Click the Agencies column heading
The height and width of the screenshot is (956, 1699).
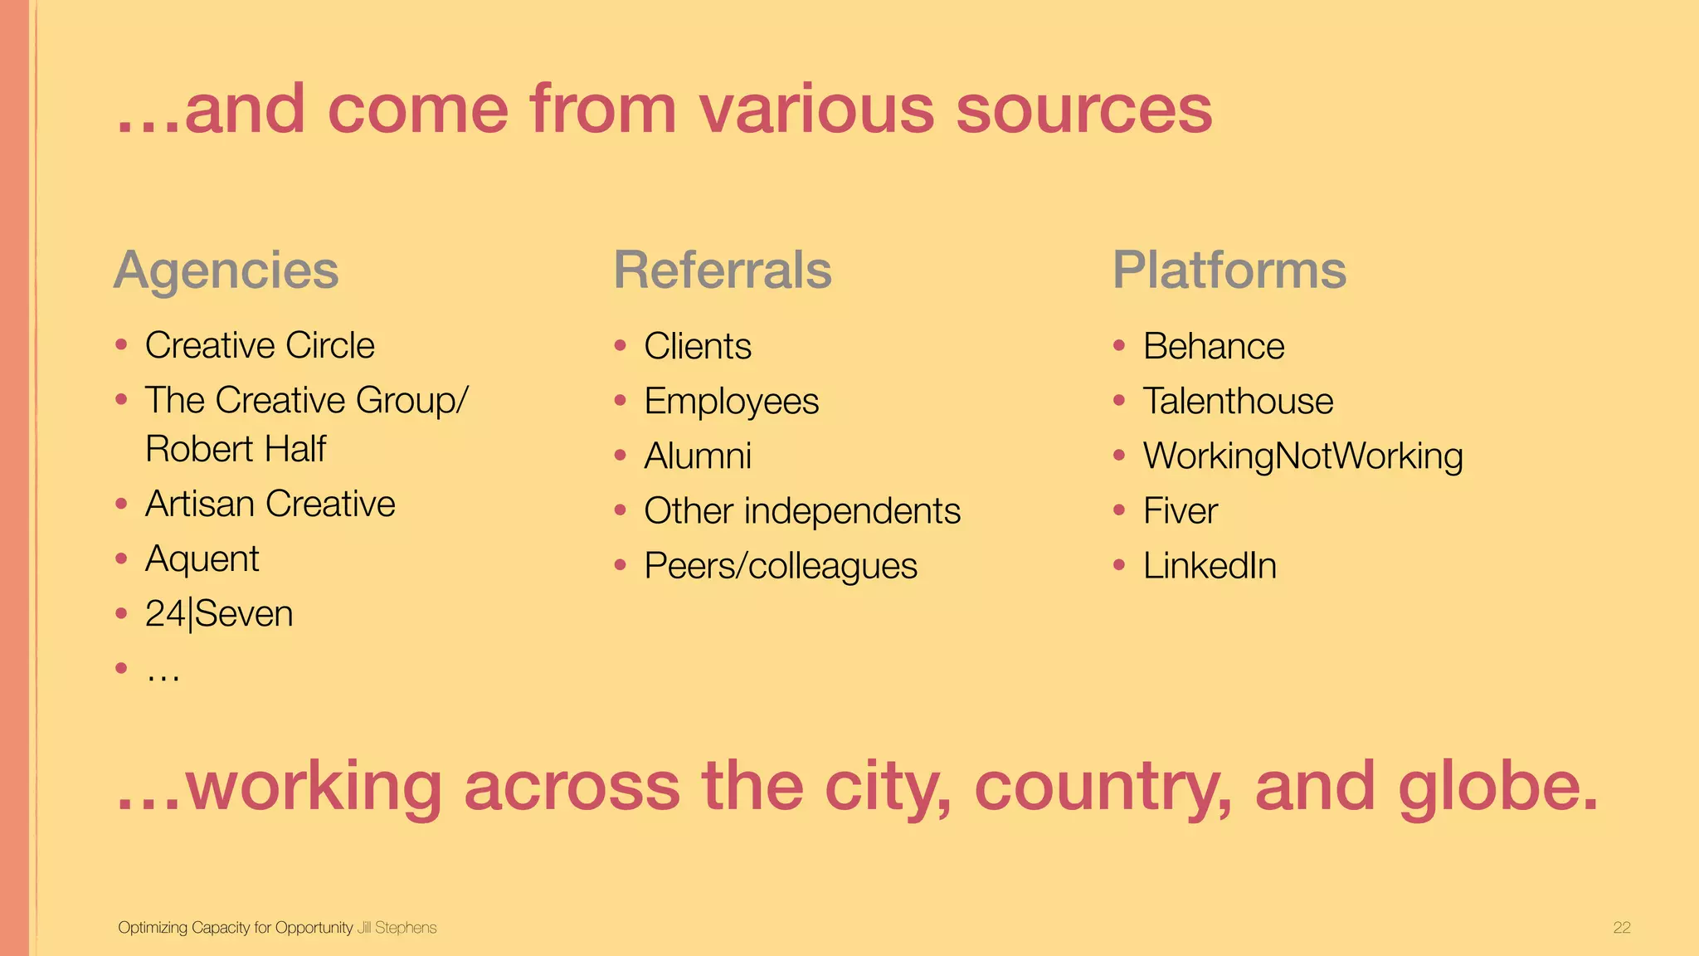pos(226,271)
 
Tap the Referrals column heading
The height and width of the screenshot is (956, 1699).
pos(722,271)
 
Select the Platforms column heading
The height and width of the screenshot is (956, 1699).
pos(1229,271)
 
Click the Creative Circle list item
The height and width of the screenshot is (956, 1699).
pos(260,345)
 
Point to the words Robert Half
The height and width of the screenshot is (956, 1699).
pos(236,449)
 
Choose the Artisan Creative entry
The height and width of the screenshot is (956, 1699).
pos(270,504)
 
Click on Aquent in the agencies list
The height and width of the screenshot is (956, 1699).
pos(202,559)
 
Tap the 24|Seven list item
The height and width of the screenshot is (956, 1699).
pos(219,614)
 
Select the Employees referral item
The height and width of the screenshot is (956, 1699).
pos(731,402)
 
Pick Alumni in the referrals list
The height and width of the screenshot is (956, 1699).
pos(698,456)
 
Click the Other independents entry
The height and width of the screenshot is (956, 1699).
pos(802,511)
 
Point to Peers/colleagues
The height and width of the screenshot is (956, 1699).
pos(781,566)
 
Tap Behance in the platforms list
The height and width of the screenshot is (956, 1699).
pos(1214,346)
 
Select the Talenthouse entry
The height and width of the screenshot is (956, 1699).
pos(1238,402)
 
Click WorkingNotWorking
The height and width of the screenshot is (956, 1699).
pos(1302,456)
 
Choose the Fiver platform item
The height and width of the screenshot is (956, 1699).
pos(1180,511)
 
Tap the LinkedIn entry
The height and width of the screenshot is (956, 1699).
pos(1210,566)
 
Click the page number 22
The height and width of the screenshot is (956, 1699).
pos(1622,928)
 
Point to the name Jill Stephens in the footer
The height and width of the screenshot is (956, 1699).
pos(397,928)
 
